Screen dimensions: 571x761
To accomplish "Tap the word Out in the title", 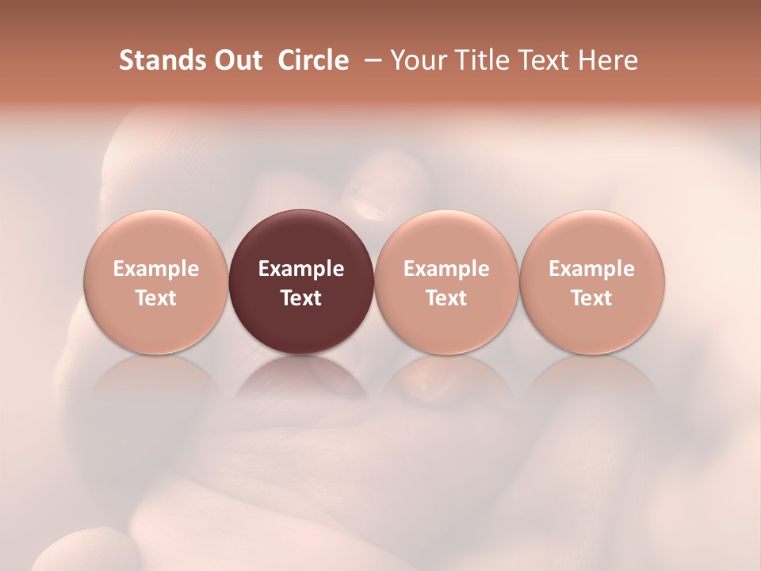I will pyautogui.click(x=237, y=60).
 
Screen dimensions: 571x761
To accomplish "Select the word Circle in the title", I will pyautogui.click(x=312, y=60).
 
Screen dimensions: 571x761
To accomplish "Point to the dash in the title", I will pyautogui.click(x=369, y=61).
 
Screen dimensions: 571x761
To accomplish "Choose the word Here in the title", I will pyautogui.click(x=610, y=60).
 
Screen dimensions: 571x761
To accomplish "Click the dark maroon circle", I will pyautogui.click(x=301, y=238).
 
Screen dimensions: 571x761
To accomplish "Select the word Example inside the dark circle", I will pyautogui.click(x=301, y=269).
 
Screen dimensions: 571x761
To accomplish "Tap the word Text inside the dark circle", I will pyautogui.click(x=301, y=298).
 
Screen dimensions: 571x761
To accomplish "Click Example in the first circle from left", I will pyautogui.click(x=156, y=269).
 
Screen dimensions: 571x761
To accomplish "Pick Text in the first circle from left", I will pyautogui.click(x=156, y=298).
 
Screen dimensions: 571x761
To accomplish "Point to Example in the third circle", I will pyautogui.click(x=446, y=269).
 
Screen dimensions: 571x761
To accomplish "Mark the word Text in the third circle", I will pyautogui.click(x=446, y=298).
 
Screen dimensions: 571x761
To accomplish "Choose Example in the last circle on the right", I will pyautogui.click(x=592, y=269).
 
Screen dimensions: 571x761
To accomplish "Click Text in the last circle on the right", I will pyautogui.click(x=592, y=298).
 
